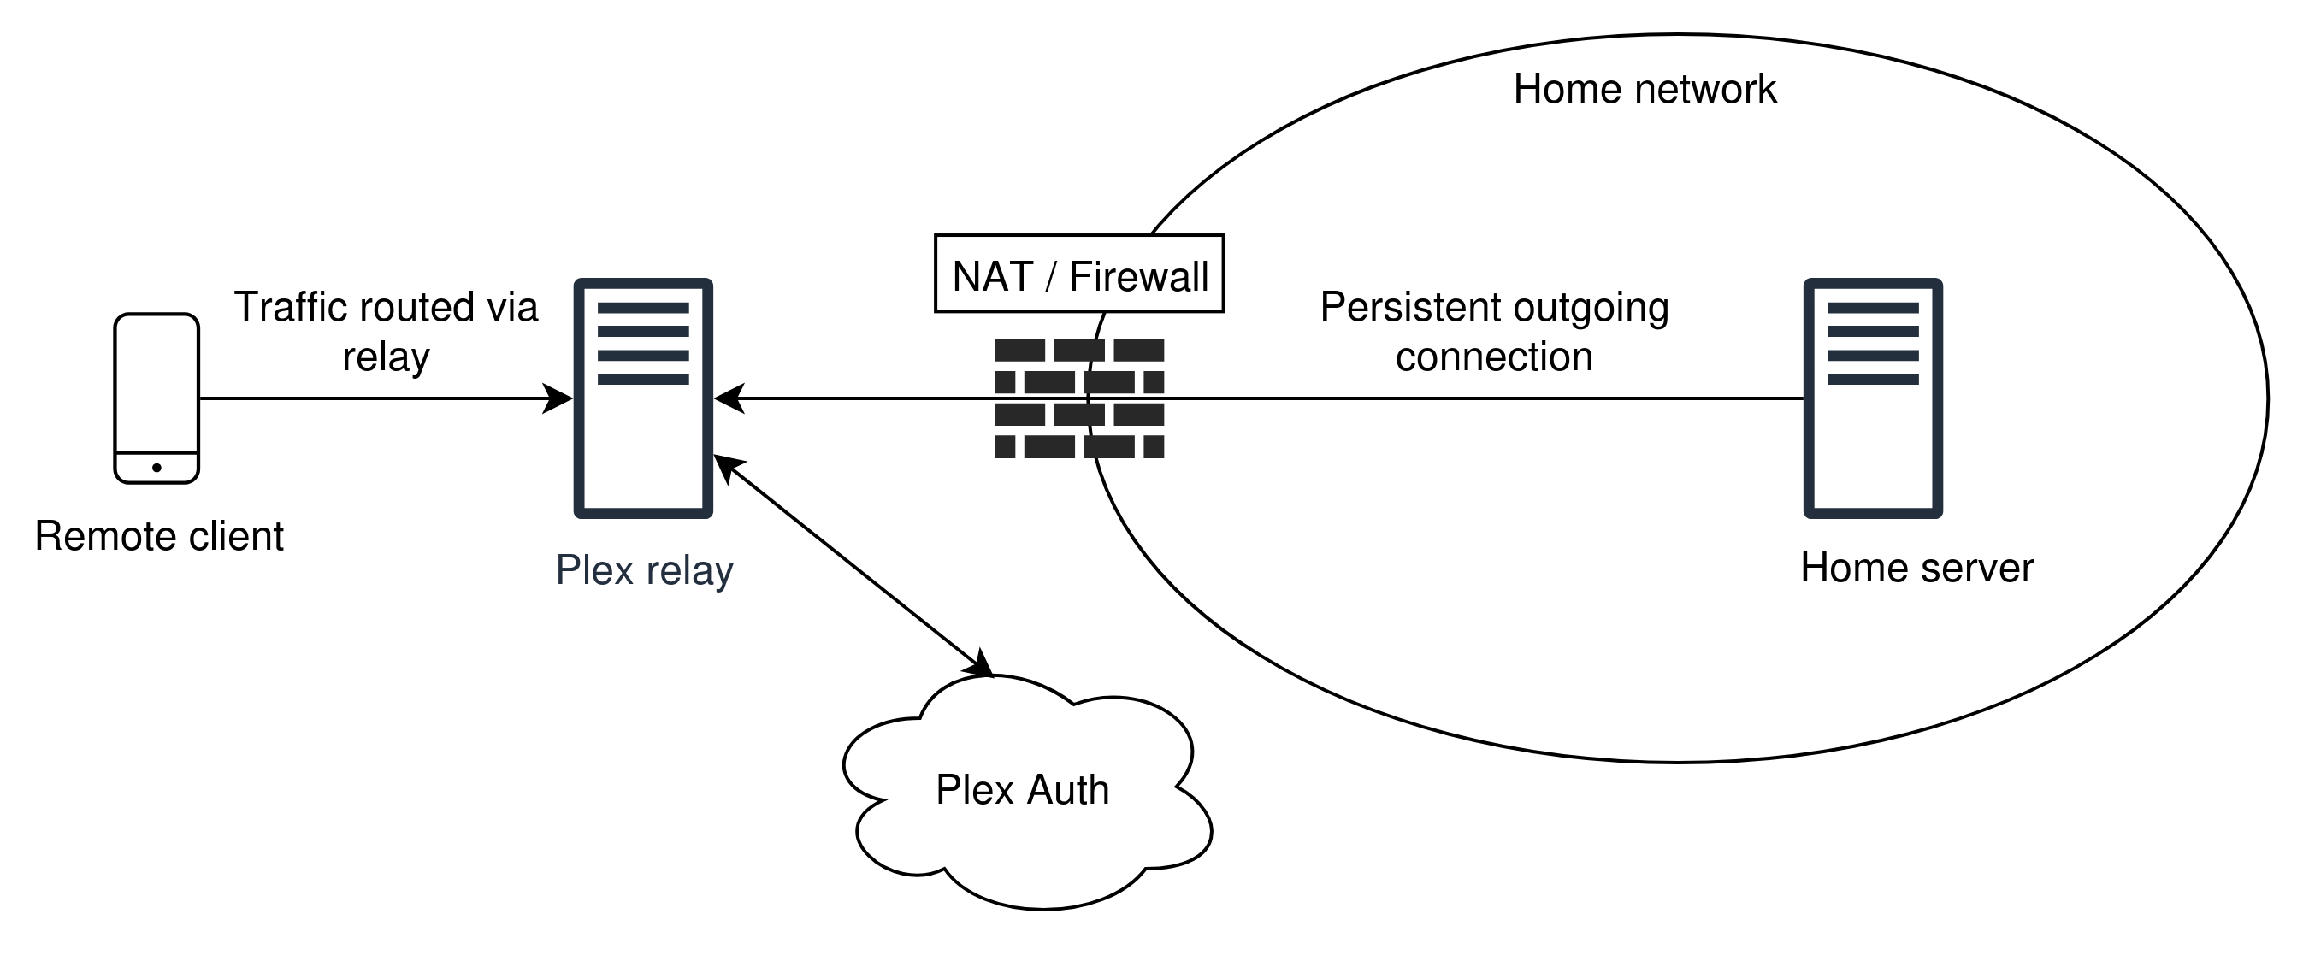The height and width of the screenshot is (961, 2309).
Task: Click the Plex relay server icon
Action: [x=643, y=399]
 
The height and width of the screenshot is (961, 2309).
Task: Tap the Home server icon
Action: [x=1873, y=399]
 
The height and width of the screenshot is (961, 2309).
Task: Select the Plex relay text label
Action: [x=645, y=570]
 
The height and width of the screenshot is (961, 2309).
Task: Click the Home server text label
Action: [x=1916, y=569]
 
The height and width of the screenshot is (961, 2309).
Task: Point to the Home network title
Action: [x=1644, y=90]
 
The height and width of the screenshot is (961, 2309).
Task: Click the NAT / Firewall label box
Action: [x=1080, y=274]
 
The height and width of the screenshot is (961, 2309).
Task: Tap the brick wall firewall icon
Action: [x=1078, y=398]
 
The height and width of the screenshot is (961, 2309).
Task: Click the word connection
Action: [x=1493, y=357]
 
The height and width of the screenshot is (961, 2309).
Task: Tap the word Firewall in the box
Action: [x=1138, y=276]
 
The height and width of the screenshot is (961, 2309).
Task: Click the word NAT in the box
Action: [x=992, y=276]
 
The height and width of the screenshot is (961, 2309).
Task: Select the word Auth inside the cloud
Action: [x=1066, y=790]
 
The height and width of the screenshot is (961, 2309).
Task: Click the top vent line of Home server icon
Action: [x=1873, y=308]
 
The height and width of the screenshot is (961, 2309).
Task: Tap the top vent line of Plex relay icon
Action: [x=643, y=308]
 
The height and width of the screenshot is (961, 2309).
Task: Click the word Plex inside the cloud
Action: [x=975, y=790]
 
